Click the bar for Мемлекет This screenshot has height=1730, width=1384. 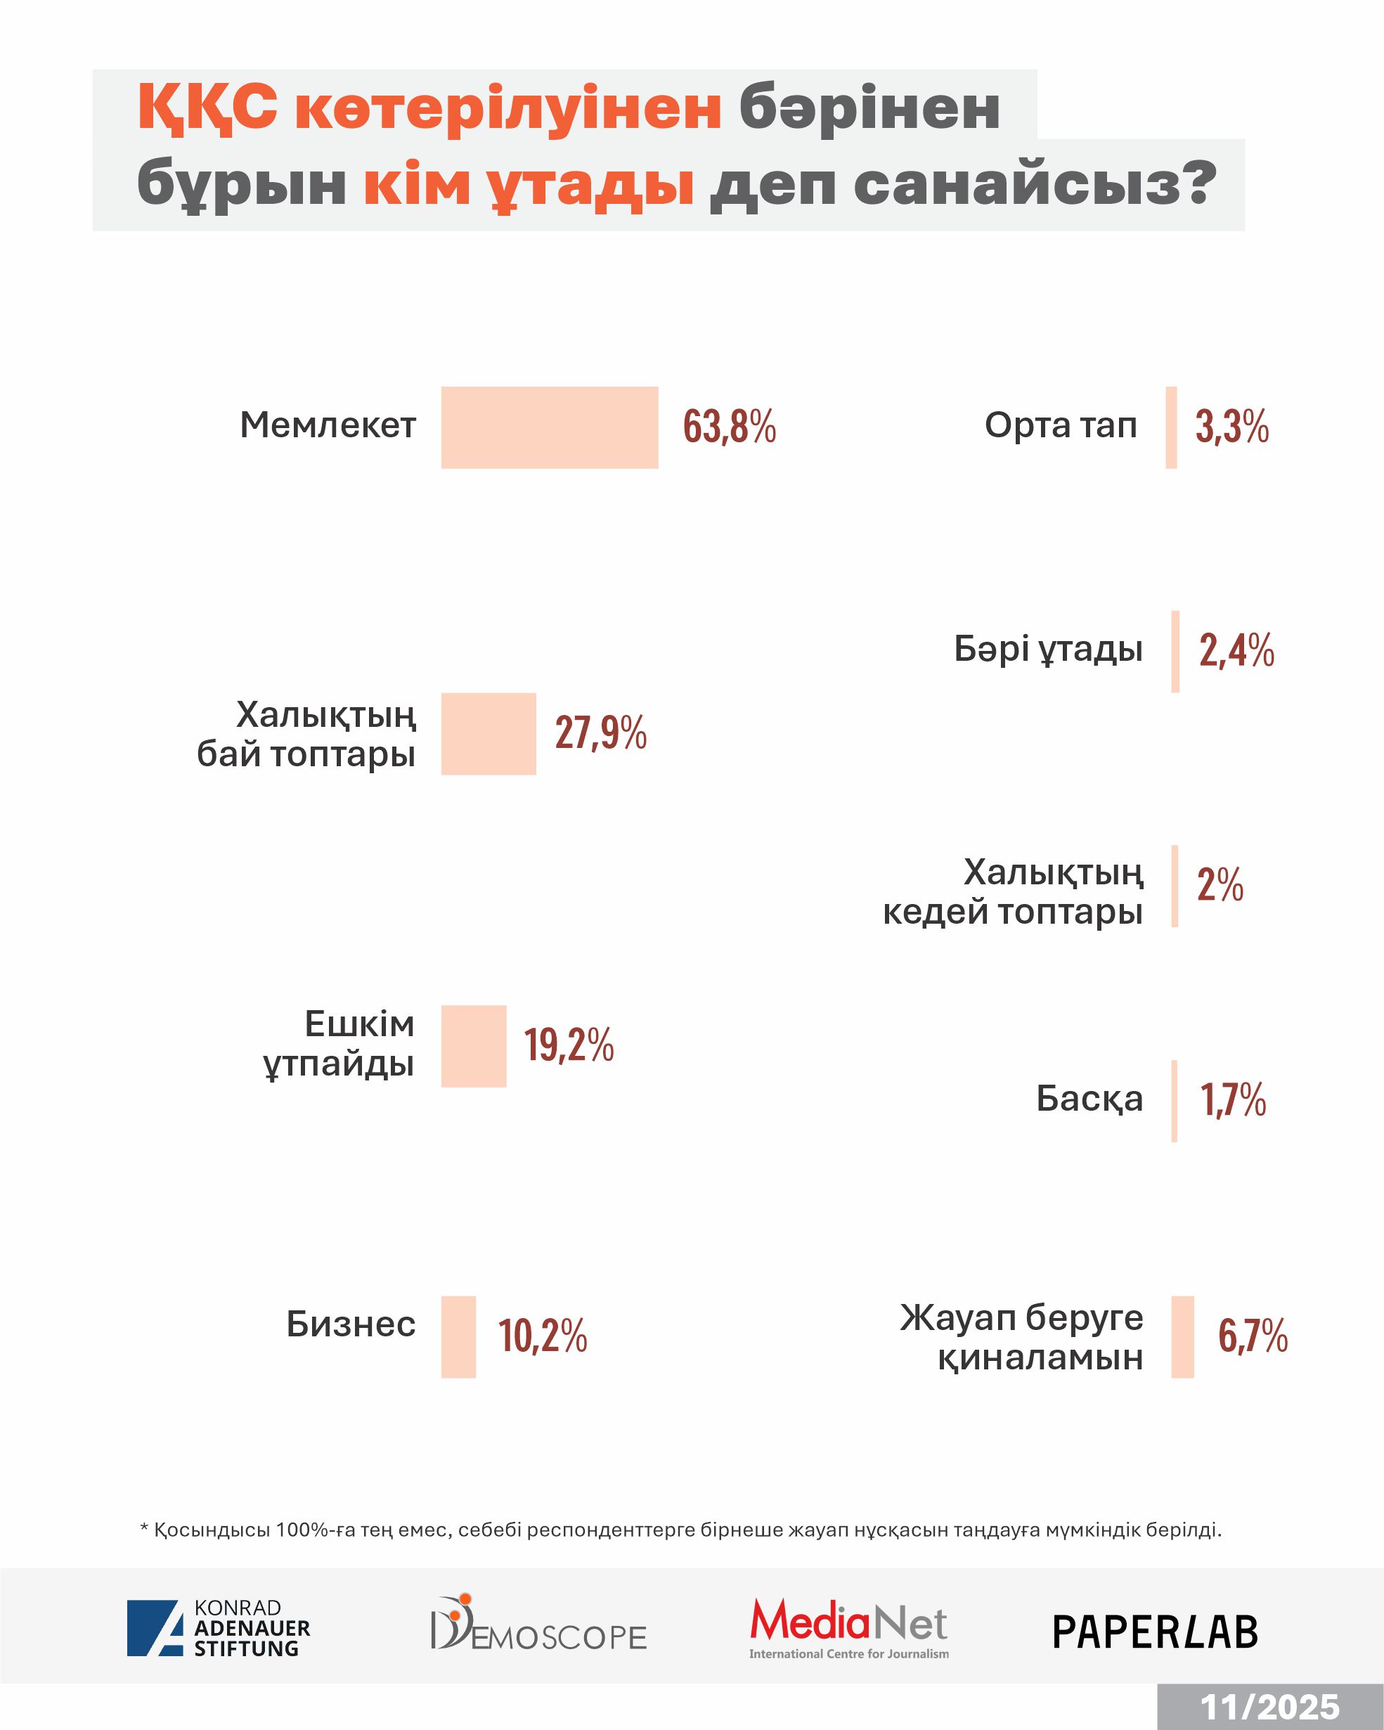pyautogui.click(x=550, y=427)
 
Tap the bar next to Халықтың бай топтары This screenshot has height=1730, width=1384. pyautogui.click(x=488, y=733)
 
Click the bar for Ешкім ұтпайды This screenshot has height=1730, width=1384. pyautogui.click(x=473, y=1045)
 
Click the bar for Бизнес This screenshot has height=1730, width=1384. pyautogui.click(x=458, y=1337)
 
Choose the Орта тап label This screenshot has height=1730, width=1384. pyautogui.click(x=1060, y=425)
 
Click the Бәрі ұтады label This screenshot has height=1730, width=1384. pyautogui.click(x=1048, y=648)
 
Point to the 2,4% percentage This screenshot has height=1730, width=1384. pyautogui.click(x=1236, y=650)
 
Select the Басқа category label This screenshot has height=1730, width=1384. pyautogui.click(x=1089, y=1099)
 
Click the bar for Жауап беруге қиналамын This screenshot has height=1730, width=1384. pyautogui.click(x=1182, y=1337)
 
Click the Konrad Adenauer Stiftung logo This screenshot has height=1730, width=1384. pyautogui.click(x=218, y=1628)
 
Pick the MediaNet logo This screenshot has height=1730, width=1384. pyautogui.click(x=849, y=1628)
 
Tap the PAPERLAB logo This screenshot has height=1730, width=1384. pyautogui.click(x=1155, y=1632)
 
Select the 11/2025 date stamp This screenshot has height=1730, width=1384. pyautogui.click(x=1269, y=1708)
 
